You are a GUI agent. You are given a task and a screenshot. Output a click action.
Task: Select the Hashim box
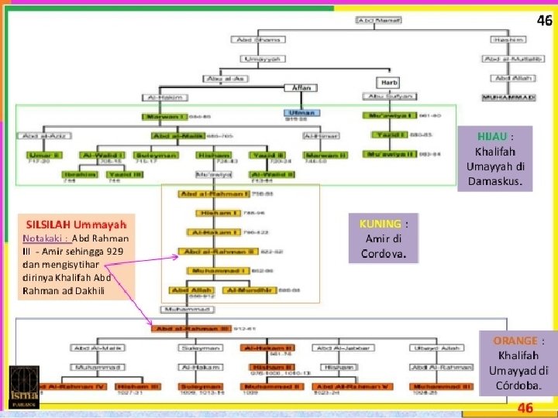[508, 39]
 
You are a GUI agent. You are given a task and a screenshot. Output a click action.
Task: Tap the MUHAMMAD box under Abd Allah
[508, 97]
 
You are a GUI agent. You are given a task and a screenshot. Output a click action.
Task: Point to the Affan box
[300, 87]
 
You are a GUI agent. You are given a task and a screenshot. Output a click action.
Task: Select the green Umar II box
[39, 154]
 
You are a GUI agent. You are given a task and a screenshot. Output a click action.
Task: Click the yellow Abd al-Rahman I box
[203, 194]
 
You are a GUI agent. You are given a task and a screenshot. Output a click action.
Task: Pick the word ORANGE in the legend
[515, 341]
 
